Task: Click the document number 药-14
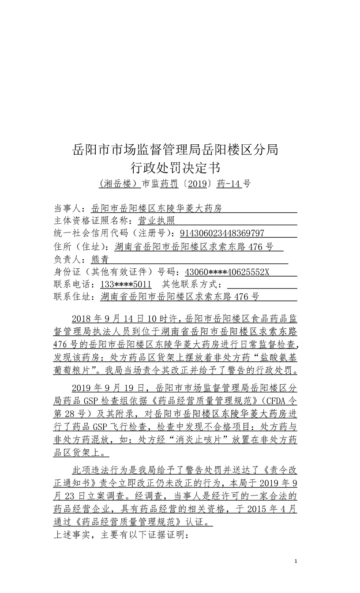pyautogui.click(x=229, y=184)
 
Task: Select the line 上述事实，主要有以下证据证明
pyautogui.click(x=120, y=535)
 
